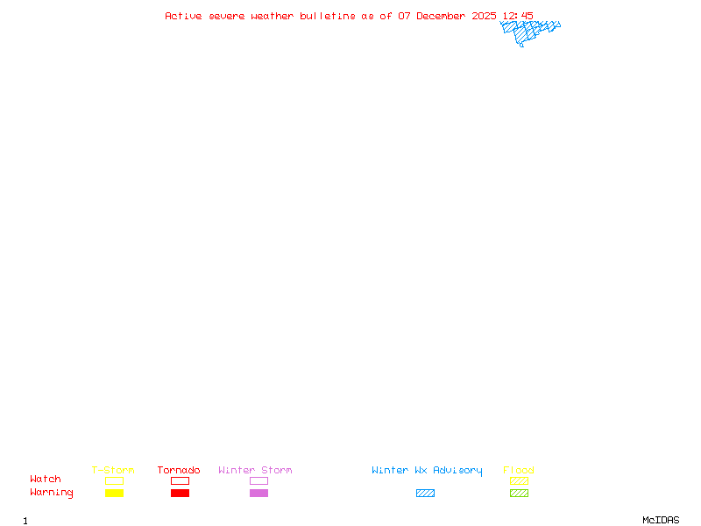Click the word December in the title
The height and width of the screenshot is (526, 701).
(x=441, y=16)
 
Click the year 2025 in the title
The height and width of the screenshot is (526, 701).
(x=484, y=16)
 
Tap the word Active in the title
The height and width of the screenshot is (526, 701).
(x=183, y=16)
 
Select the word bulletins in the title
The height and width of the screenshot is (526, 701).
(x=327, y=16)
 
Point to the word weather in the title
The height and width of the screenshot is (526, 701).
(x=273, y=16)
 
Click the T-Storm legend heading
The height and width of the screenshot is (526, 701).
(x=113, y=470)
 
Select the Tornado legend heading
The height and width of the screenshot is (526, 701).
(x=179, y=470)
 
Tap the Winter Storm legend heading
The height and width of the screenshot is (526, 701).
(x=255, y=470)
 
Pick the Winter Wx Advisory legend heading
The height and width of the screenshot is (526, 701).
(x=427, y=471)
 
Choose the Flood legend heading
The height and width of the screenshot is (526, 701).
(x=519, y=470)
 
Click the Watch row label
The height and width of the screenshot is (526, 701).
(x=46, y=479)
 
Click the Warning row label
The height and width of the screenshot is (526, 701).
(x=52, y=493)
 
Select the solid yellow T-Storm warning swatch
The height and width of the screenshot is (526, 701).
(x=115, y=493)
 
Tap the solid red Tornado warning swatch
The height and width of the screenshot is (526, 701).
(x=181, y=493)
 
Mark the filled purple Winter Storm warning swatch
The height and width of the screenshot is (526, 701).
(x=258, y=493)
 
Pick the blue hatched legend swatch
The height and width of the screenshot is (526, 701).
(x=425, y=493)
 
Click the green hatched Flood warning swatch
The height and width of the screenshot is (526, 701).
(x=519, y=493)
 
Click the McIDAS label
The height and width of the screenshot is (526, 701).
(x=661, y=520)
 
